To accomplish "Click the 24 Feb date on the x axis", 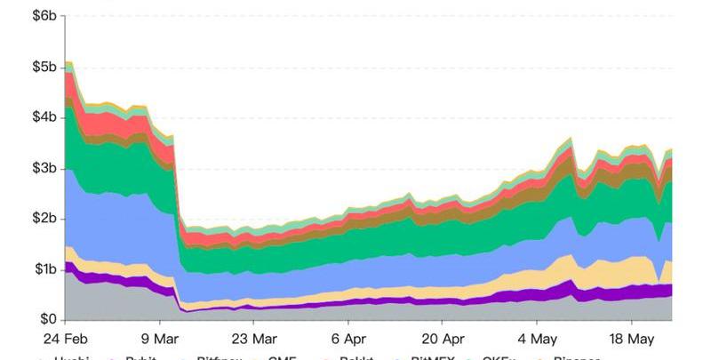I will (66, 339).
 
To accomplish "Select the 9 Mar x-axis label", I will (160, 339).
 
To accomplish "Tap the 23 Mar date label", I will (253, 339).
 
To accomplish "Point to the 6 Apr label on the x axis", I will (348, 339).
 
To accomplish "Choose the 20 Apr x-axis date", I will (442, 339).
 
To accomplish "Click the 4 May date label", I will (537, 339).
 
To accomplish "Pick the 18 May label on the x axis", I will (631, 339).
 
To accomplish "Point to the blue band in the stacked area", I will (116, 227).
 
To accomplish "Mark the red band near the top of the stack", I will (116, 122).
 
